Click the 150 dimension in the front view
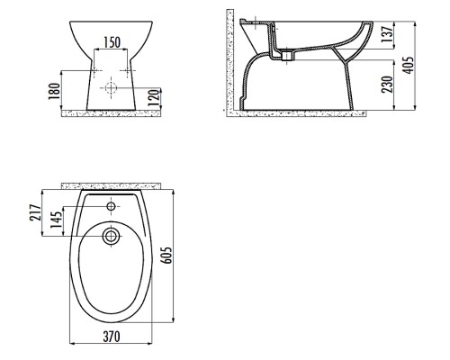(112, 42)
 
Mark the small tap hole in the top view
(111, 207)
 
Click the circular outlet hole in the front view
(112, 89)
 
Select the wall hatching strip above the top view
(111, 184)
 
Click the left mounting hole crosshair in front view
(94, 69)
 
